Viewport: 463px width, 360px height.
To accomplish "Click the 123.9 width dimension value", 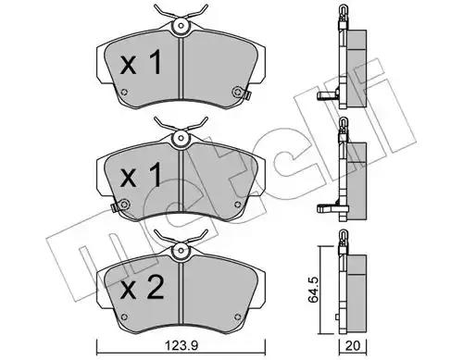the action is [181, 346].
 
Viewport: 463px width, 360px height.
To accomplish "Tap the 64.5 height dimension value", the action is [314, 291].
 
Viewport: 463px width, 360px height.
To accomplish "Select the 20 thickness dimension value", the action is [353, 346].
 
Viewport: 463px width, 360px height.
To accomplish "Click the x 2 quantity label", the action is [142, 288].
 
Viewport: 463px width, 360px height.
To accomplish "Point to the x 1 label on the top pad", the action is [141, 63].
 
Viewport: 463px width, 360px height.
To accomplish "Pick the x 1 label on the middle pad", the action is [141, 175].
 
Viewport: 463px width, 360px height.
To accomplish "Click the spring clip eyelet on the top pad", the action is [181, 26].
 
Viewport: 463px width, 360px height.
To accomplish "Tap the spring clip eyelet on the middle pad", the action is [181, 138].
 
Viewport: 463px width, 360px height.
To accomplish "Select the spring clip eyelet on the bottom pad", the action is [181, 251].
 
